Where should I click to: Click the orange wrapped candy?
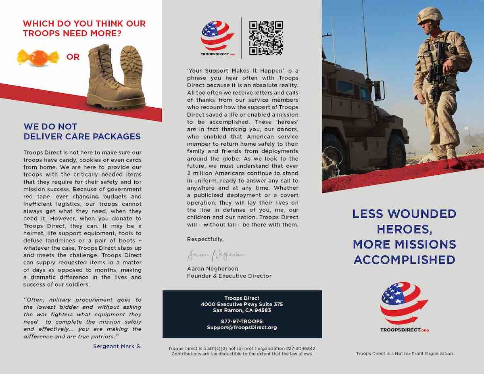coord(38,56)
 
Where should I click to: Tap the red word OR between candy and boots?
coord(73,57)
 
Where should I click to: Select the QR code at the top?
coord(266,38)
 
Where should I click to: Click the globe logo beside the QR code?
coord(217,36)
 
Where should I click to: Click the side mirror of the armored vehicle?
coord(379,90)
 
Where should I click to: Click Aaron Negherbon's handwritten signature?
coord(216,255)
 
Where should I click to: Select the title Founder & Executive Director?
coord(229,276)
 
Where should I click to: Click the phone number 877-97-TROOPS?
coord(242,322)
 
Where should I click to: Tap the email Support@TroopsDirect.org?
coord(242,328)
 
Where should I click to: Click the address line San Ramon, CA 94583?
coord(242,310)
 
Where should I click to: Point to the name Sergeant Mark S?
coord(117,346)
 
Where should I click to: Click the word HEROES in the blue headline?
coord(405,229)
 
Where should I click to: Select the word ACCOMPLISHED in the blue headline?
coord(405,259)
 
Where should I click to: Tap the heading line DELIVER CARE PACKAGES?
coord(82,136)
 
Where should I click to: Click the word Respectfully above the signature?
coord(205,239)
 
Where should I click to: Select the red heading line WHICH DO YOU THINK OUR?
coord(84,24)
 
